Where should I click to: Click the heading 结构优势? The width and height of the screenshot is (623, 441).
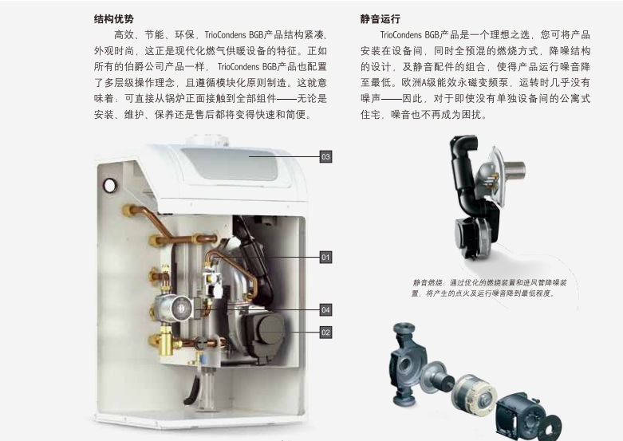pos(114,19)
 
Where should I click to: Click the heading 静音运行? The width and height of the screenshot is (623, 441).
pos(381,19)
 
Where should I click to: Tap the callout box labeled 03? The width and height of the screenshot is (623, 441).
pos(325,156)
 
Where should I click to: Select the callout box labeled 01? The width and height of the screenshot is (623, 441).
pos(325,257)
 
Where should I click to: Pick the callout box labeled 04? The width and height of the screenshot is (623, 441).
pos(325,310)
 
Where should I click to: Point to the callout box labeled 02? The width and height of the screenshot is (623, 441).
pos(325,333)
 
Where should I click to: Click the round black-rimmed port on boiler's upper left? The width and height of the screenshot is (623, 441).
pos(110,185)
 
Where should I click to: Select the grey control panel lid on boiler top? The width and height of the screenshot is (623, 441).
pos(231,163)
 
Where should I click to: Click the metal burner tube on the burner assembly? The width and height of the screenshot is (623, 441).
pos(514,170)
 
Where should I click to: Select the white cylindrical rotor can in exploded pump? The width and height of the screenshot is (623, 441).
pos(474,392)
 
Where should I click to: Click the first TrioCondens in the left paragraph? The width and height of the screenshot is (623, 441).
pos(225,35)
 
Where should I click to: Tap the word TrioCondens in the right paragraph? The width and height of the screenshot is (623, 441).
pos(401,35)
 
